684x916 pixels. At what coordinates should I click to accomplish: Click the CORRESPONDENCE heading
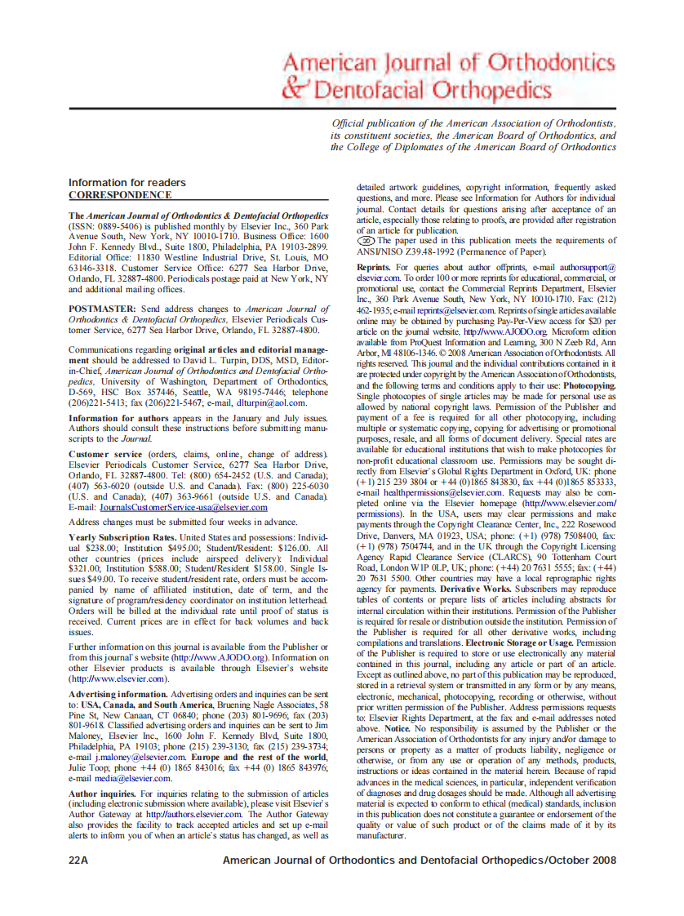119,195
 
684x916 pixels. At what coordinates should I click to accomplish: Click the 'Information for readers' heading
127,182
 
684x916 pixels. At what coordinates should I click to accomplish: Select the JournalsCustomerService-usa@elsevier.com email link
182,507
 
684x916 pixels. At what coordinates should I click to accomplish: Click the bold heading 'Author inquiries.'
102,793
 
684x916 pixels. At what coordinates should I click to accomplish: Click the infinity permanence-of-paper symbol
366,241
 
